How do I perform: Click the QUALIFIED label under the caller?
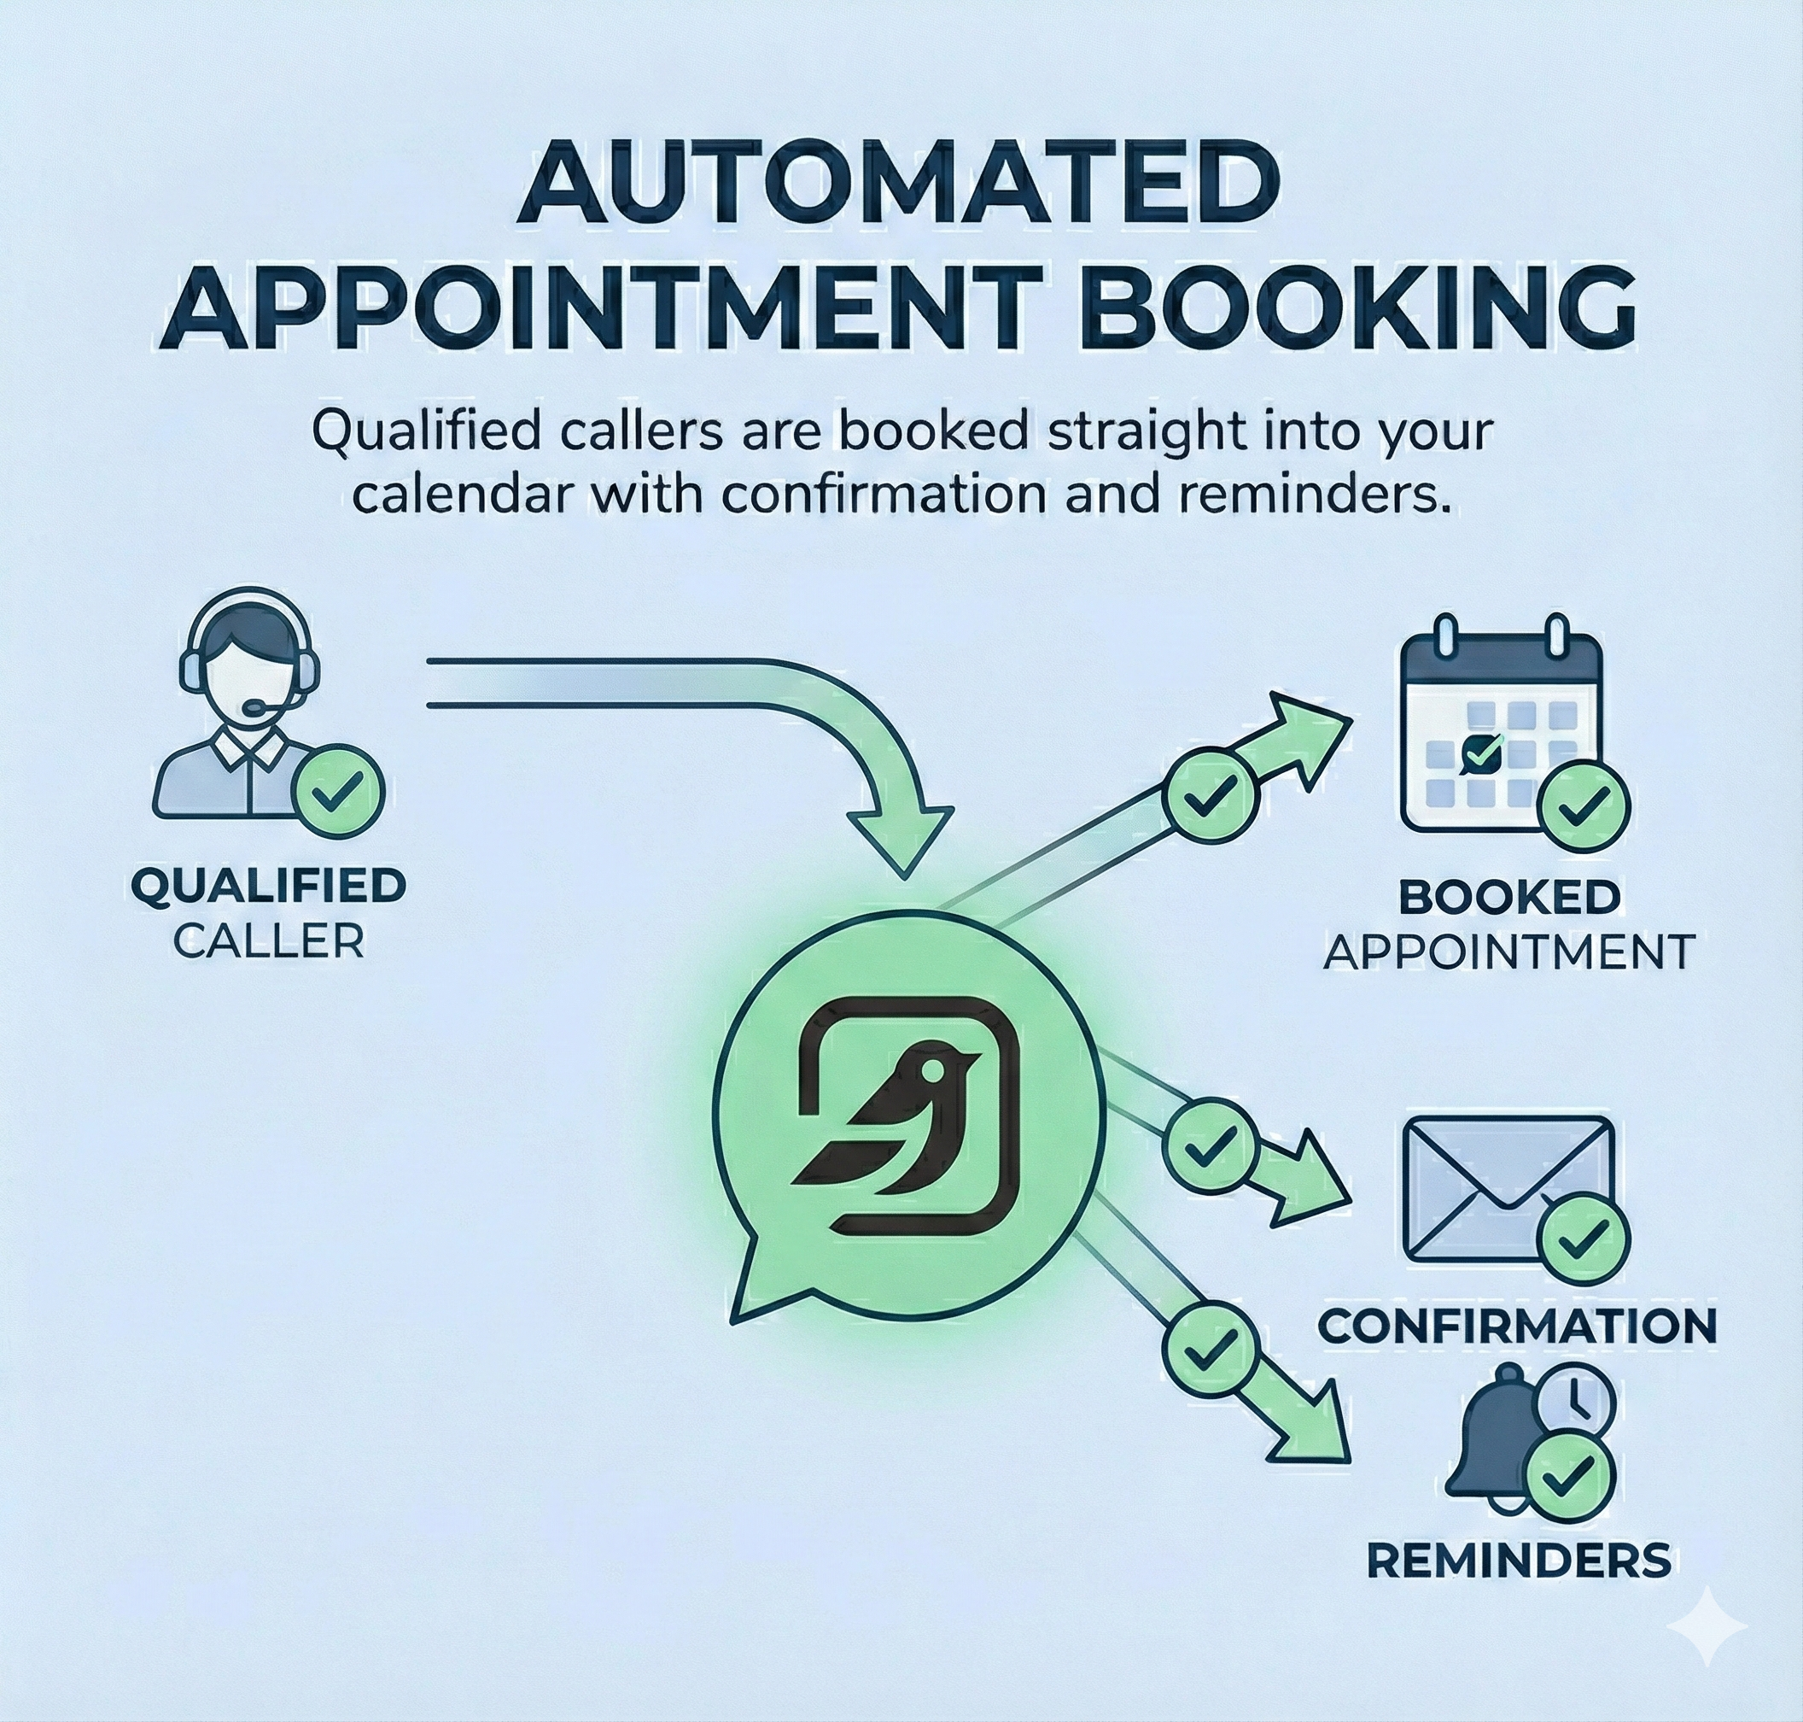(268, 886)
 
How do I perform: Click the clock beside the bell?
(1574, 1402)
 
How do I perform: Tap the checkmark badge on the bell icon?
(1569, 1477)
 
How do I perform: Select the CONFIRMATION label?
(1517, 1327)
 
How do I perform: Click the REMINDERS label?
(1519, 1560)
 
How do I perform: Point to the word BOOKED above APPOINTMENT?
(1508, 897)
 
